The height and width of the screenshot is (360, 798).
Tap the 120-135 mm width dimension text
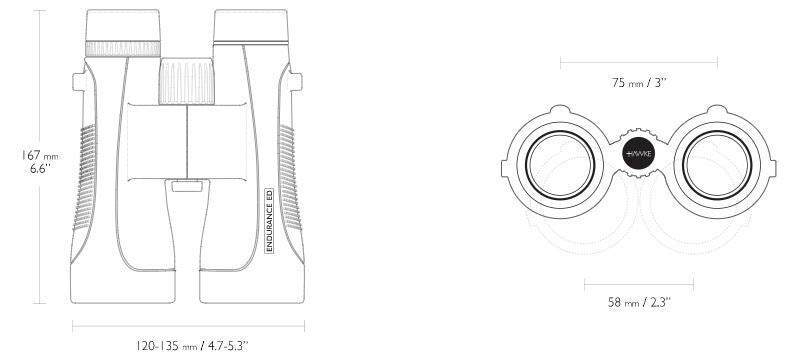click(191, 346)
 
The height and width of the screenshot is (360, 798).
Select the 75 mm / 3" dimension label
click(639, 82)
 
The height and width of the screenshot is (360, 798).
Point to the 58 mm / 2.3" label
click(639, 302)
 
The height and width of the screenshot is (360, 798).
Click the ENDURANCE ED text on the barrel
click(269, 220)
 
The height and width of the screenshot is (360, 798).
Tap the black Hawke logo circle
click(639, 153)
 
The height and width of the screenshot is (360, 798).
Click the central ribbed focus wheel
click(187, 81)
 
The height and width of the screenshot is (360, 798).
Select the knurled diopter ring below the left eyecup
click(123, 49)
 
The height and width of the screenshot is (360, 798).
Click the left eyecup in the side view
click(123, 25)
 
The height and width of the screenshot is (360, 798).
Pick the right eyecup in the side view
click(251, 25)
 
